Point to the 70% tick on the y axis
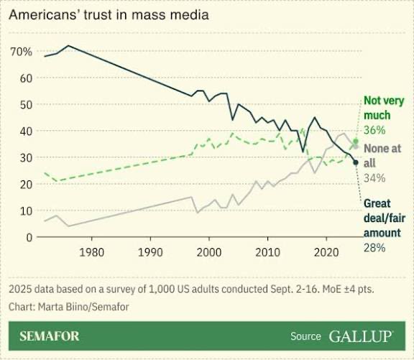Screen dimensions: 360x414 click(x=20, y=52)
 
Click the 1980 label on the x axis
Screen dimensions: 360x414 click(x=91, y=252)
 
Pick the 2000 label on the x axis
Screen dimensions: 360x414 click(x=209, y=252)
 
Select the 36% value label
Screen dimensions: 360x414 click(x=374, y=130)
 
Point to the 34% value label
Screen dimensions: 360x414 click(x=374, y=177)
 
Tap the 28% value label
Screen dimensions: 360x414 click(x=374, y=247)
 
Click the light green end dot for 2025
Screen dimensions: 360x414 click(x=356, y=142)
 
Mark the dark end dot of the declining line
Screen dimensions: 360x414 click(x=356, y=162)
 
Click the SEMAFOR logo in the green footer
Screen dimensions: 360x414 click(x=50, y=336)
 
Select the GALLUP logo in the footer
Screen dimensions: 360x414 click(x=361, y=336)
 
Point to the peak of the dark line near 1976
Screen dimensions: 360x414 click(x=68, y=46)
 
